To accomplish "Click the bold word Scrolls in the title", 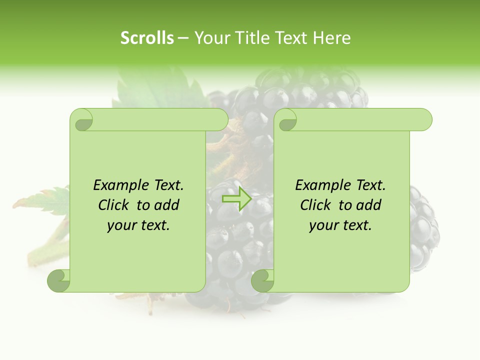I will point(147,38).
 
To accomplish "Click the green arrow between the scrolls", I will point(236,198).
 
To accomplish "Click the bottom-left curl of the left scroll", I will point(59,280).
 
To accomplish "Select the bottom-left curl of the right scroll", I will point(262,280).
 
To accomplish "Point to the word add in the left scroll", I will point(166,205).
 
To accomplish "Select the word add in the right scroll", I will point(368,205).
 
